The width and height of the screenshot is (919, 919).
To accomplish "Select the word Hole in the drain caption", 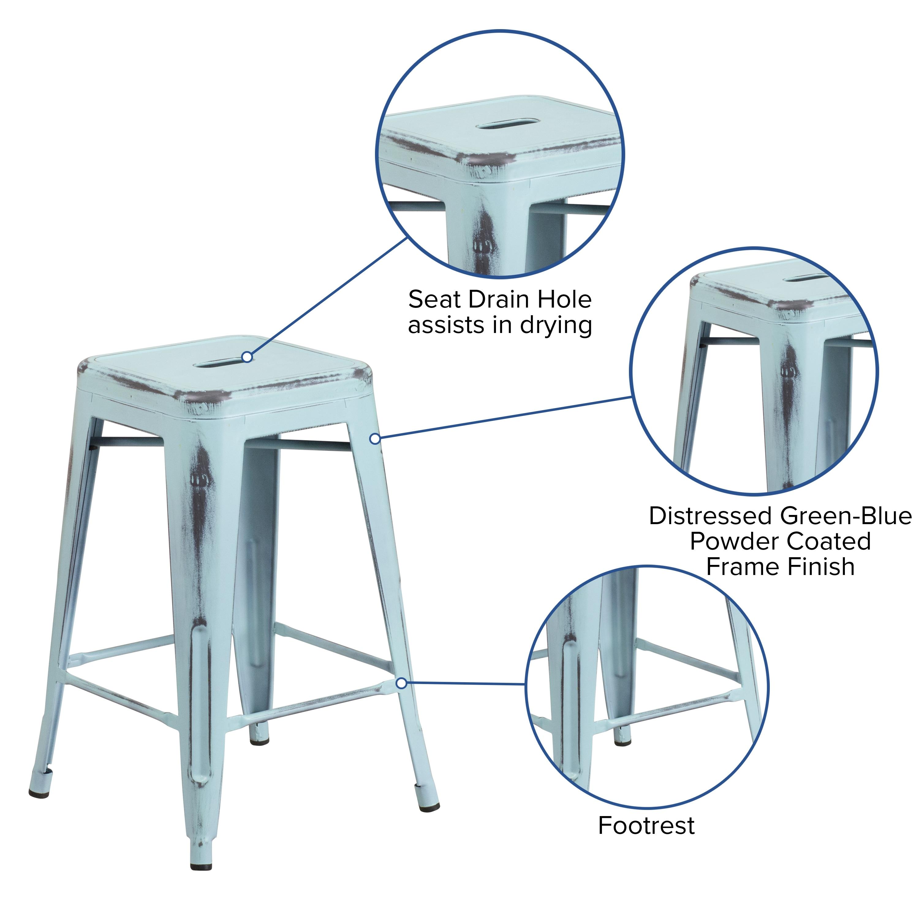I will (565, 300).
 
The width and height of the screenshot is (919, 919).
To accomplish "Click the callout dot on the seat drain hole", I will (247, 357).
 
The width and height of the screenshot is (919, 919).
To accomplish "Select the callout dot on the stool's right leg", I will (375, 439).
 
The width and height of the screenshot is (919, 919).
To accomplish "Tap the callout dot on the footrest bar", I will (402, 683).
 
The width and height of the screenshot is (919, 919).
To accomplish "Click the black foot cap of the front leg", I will (201, 865).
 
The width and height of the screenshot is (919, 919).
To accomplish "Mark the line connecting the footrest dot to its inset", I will (464, 683).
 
